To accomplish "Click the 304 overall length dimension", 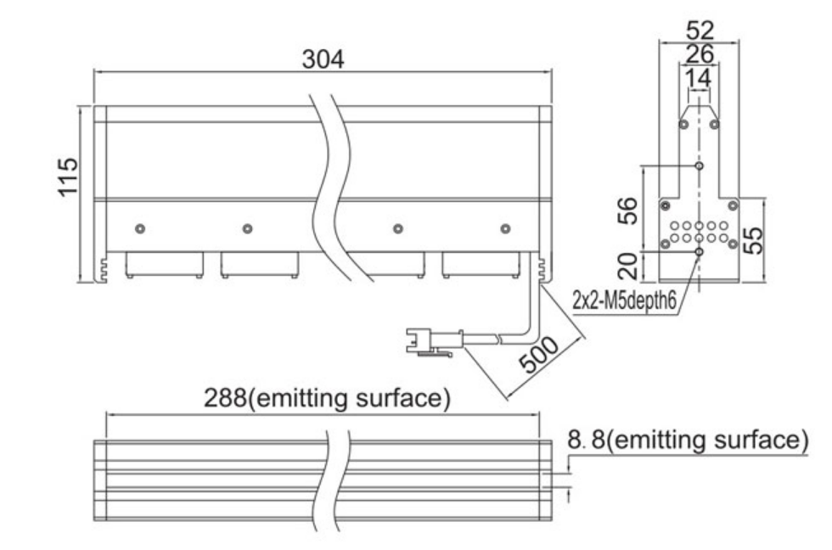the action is click(x=323, y=59).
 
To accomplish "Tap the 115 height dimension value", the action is click(x=68, y=177).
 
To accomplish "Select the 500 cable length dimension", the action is click(x=538, y=355).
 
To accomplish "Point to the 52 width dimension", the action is click(x=700, y=31).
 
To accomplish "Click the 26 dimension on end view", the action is click(x=700, y=54).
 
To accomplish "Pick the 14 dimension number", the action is click(x=698, y=78).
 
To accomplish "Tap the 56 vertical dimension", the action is click(x=627, y=210).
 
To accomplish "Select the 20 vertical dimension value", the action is click(x=627, y=266).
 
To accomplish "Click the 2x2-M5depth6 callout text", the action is click(x=625, y=300).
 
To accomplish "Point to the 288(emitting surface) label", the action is click(x=328, y=398).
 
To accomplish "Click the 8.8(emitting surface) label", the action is click(x=689, y=440).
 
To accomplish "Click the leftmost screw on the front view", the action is click(x=140, y=228).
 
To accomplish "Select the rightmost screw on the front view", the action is click(x=505, y=228).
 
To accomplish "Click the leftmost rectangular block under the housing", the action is click(x=165, y=265).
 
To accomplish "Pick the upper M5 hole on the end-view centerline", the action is click(x=700, y=166).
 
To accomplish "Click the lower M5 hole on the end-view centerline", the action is click(x=700, y=251).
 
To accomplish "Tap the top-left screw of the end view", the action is click(x=684, y=124).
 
